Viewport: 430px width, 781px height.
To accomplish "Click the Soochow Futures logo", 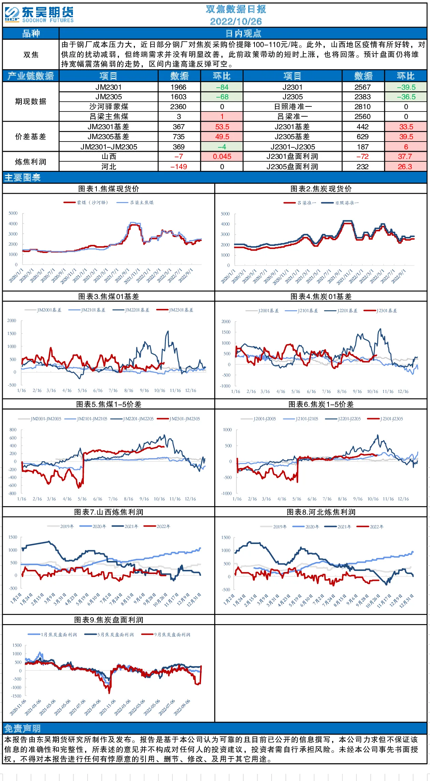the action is pyautogui.click(x=39, y=15).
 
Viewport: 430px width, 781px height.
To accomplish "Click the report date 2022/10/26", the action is pyautogui.click(x=236, y=21).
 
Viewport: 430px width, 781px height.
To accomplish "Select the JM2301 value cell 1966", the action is pyautogui.click(x=179, y=87).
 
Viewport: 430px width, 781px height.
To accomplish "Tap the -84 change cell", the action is pyautogui.click(x=222, y=87).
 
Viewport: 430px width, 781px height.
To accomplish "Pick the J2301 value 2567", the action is pyautogui.click(x=363, y=87).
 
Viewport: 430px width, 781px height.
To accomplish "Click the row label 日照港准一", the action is pyautogui.click(x=292, y=107).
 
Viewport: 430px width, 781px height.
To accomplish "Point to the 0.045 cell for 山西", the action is pyautogui.click(x=222, y=157).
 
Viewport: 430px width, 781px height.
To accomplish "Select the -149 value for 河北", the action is pyautogui.click(x=179, y=167).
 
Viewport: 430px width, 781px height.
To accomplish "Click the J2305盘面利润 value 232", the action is pyautogui.click(x=363, y=167).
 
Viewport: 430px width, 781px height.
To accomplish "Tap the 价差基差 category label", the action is pyautogui.click(x=31, y=137).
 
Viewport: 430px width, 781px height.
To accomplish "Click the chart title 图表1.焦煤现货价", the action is pyautogui.click(x=109, y=189).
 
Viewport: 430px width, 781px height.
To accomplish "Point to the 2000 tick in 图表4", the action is pyautogui.click(x=226, y=322).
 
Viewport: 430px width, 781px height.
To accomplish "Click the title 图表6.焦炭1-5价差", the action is pyautogui.click(x=321, y=404).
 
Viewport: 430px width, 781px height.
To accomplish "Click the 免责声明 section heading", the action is pyautogui.click(x=22, y=729).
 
